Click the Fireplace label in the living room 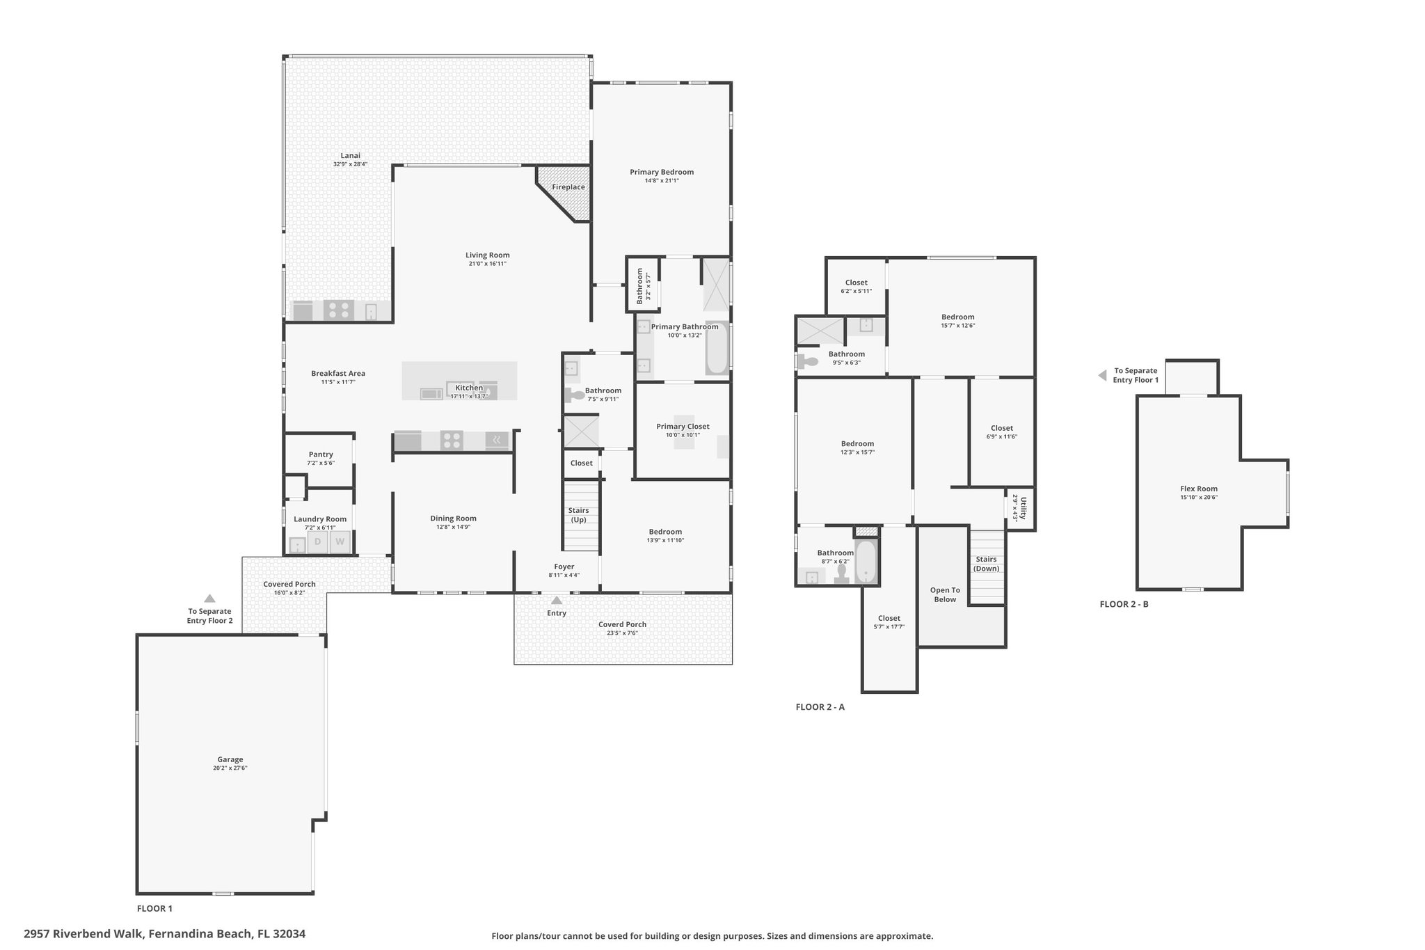(568, 187)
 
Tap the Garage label (230, 759)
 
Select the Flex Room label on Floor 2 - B (1199, 489)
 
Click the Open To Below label (945, 594)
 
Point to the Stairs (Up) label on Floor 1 (578, 515)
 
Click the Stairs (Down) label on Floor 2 (986, 564)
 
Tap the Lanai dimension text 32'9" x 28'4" (350, 164)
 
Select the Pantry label (321, 454)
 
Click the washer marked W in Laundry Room (340, 541)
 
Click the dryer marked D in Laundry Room (318, 541)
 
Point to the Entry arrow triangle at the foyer (557, 600)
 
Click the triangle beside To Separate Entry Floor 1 (1102, 375)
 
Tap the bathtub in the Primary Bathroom (717, 348)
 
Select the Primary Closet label (683, 427)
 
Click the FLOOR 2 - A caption (820, 707)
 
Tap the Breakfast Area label (338, 373)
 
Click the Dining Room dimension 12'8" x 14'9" (453, 527)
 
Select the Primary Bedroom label (662, 172)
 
